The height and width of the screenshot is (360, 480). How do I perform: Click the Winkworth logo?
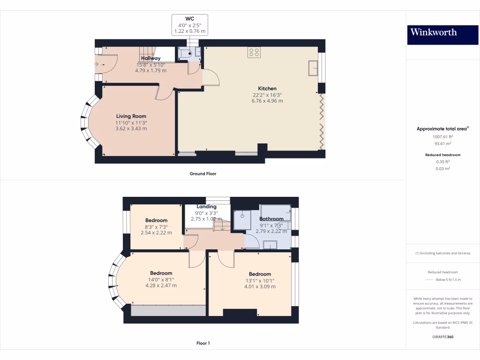tap(442, 35)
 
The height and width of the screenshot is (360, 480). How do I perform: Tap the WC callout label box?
tap(190, 25)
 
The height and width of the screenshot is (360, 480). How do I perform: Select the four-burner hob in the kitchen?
tap(254, 52)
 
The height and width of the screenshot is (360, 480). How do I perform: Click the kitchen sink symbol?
tap(313, 68)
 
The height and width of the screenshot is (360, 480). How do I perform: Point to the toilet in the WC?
tap(185, 54)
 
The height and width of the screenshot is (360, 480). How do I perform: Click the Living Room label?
tap(131, 116)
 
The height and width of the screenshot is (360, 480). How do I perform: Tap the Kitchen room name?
tap(267, 89)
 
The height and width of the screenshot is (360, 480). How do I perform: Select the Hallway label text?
tap(150, 58)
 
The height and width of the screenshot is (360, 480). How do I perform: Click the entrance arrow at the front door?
tap(96, 64)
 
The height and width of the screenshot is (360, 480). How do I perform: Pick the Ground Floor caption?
tap(203, 173)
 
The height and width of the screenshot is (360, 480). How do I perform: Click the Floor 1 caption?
tap(203, 343)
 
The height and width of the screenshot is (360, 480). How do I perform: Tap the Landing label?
tap(206, 207)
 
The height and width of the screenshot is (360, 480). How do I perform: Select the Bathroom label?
tap(271, 219)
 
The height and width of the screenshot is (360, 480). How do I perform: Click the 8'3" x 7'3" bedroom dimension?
tap(157, 227)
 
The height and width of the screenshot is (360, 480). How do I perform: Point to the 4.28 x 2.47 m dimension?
tap(161, 285)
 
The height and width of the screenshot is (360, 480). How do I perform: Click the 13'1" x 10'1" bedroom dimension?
tap(260, 281)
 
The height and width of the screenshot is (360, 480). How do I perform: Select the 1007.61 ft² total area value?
tap(442, 137)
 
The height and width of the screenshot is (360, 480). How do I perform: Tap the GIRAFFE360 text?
tap(442, 337)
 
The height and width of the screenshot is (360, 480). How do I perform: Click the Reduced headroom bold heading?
tap(442, 155)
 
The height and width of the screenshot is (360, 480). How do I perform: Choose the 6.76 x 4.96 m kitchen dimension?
tap(267, 101)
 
